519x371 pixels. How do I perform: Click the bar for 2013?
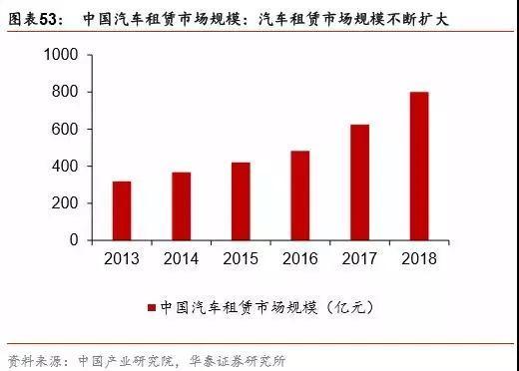click(x=122, y=210)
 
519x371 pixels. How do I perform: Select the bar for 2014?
click(x=181, y=206)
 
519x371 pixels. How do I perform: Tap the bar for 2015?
click(x=240, y=201)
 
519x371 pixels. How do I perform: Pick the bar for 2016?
click(x=299, y=195)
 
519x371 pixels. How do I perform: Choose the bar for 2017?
click(x=358, y=183)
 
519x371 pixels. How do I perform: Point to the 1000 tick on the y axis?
click(x=64, y=56)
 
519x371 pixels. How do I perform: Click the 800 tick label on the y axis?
click(x=68, y=93)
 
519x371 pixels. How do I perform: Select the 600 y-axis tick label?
click(x=68, y=130)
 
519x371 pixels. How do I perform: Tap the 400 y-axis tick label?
click(x=68, y=167)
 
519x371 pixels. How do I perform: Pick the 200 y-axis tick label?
click(x=68, y=203)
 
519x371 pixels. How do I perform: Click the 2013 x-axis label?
click(x=122, y=259)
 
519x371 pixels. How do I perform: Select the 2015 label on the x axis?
click(x=240, y=259)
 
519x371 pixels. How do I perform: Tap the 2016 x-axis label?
click(x=299, y=259)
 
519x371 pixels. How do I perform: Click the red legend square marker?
click(x=152, y=307)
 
